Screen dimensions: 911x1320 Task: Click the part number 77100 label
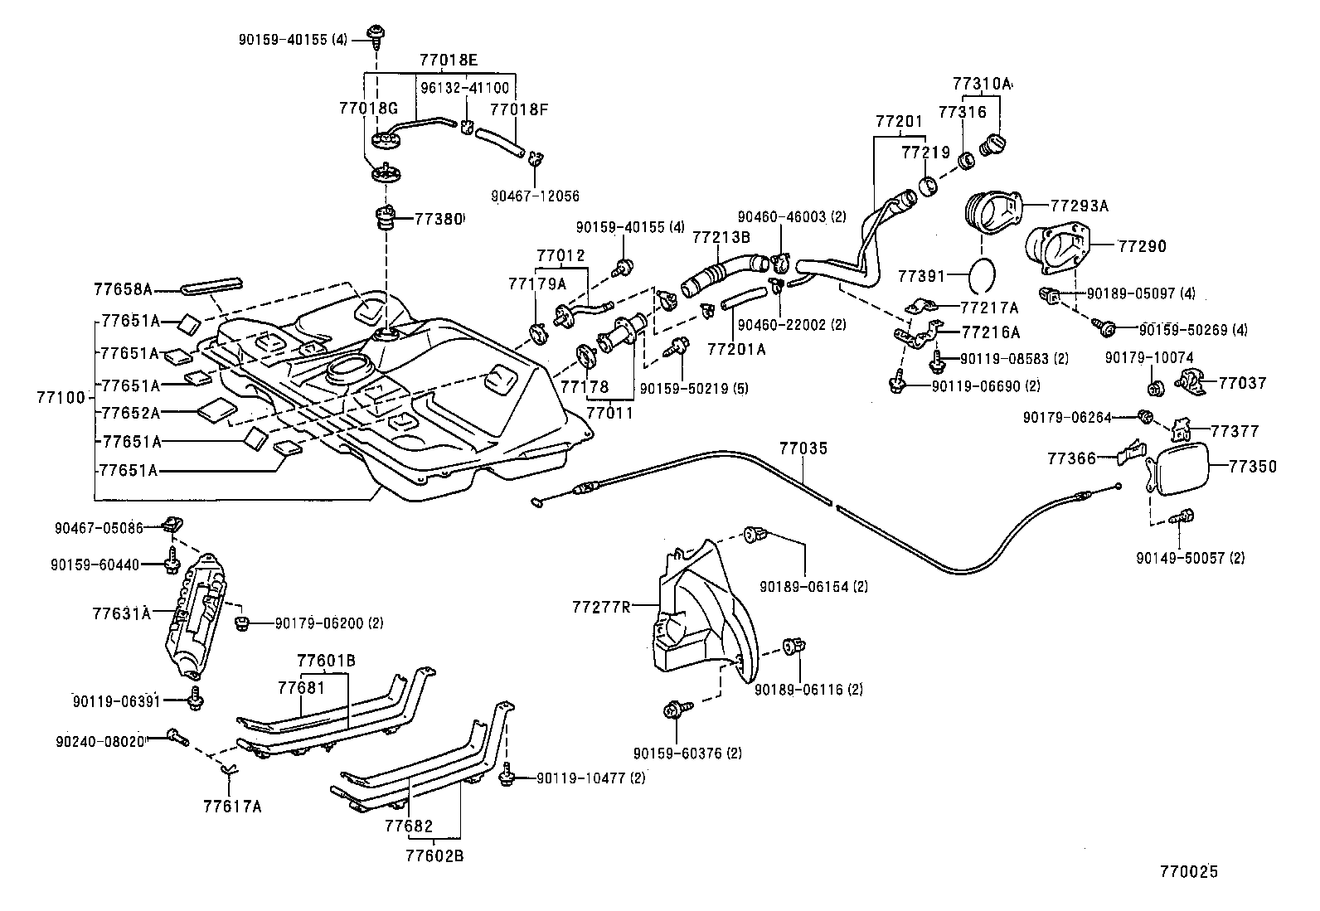pyautogui.click(x=61, y=397)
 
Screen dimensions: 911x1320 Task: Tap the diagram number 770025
pyautogui.click(x=1189, y=871)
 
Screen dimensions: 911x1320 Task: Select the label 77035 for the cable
pyautogui.click(x=803, y=448)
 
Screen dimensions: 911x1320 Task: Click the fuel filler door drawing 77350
pyautogui.click(x=1178, y=469)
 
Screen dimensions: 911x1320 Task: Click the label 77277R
pyautogui.click(x=600, y=606)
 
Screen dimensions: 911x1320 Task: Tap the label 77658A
pyautogui.click(x=123, y=289)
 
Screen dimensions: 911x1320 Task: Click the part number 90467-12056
pyautogui.click(x=535, y=196)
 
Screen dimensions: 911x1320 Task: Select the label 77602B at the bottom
pyautogui.click(x=434, y=855)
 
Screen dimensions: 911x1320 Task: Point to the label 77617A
pyautogui.click(x=231, y=806)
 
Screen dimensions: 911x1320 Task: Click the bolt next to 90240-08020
pyautogui.click(x=176, y=734)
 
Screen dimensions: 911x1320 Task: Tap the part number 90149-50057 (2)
pyautogui.click(x=1190, y=558)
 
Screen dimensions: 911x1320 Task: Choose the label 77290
pyautogui.click(x=1142, y=246)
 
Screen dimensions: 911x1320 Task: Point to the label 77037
pyautogui.click(x=1242, y=382)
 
